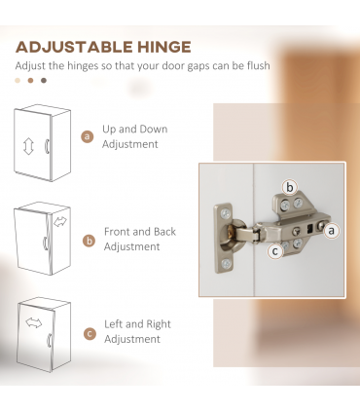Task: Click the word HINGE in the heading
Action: click(164, 47)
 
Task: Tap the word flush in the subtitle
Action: click(258, 65)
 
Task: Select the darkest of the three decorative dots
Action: click(44, 81)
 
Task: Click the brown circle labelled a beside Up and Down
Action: click(87, 136)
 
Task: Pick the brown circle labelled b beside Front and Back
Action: click(89, 242)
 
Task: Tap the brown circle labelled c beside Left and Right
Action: click(90, 334)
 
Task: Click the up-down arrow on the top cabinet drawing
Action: click(28, 146)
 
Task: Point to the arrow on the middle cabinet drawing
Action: click(60, 222)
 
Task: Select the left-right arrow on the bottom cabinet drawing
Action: click(34, 322)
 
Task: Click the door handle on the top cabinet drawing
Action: click(47, 146)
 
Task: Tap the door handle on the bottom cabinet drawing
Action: click(50, 340)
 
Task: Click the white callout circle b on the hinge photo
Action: click(290, 187)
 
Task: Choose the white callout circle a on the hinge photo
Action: click(331, 231)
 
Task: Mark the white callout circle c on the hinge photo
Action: click(275, 251)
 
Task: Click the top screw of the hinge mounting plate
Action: click(226, 213)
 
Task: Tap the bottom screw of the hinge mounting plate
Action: click(226, 263)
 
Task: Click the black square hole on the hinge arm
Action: click(309, 230)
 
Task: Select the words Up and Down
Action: click(135, 130)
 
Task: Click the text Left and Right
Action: click(137, 324)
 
